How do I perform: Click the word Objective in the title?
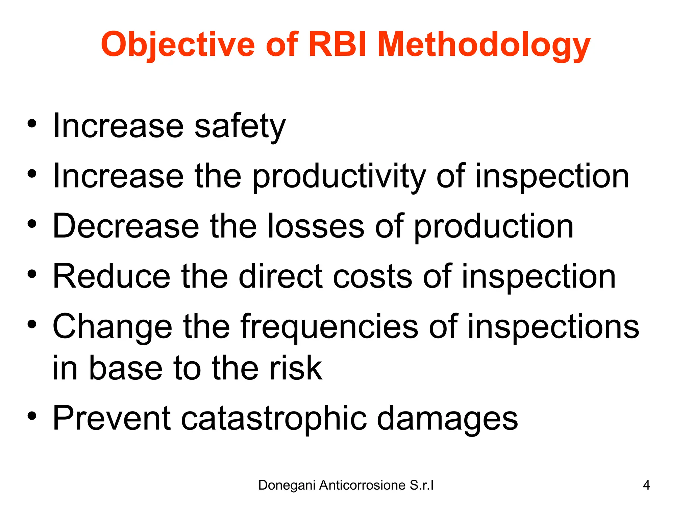178,45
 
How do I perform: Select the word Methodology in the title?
484,45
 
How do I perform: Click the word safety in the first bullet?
240,126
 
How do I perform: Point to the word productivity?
339,176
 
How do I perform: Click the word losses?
316,226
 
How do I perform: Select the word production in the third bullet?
493,227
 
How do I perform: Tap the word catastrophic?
274,418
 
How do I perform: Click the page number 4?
646,485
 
